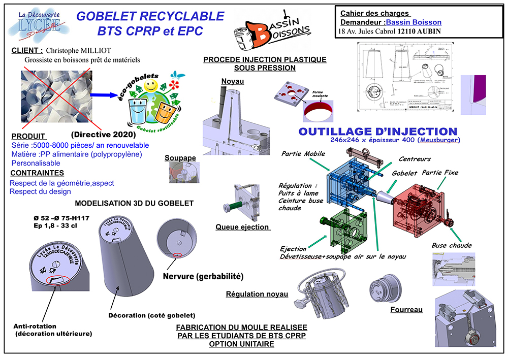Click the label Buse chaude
click(451, 245)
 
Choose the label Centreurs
click(415, 158)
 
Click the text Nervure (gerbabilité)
click(203, 276)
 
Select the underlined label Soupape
click(180, 158)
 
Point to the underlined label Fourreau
click(406, 309)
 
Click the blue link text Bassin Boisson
click(414, 22)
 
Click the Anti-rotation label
click(35, 326)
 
